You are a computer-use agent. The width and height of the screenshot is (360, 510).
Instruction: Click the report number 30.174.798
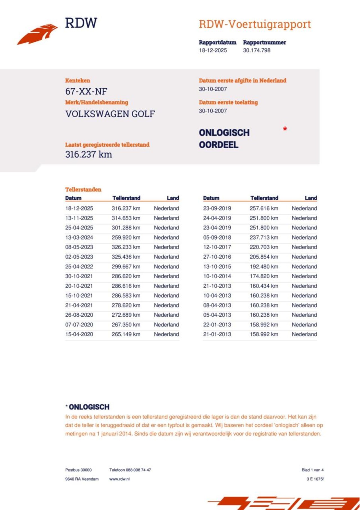tap(256, 50)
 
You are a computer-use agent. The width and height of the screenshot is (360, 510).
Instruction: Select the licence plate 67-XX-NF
tap(86, 91)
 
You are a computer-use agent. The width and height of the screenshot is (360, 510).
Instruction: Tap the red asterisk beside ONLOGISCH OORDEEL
tap(285, 129)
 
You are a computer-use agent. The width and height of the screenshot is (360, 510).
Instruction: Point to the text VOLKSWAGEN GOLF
tap(110, 114)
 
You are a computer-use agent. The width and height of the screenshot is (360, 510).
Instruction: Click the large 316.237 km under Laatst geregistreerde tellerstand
tap(88, 155)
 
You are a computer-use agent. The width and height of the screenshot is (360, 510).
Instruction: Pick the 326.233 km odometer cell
tap(126, 247)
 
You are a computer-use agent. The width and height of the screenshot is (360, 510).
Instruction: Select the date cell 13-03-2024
tap(79, 238)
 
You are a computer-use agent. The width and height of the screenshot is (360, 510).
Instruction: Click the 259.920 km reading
tap(126, 238)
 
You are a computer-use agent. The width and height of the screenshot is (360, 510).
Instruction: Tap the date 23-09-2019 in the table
tap(217, 209)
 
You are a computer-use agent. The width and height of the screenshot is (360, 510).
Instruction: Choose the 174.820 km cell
tap(264, 276)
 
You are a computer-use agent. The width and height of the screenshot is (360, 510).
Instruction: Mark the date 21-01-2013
tap(217, 334)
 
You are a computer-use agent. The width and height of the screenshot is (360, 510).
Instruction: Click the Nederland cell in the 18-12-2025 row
tap(166, 209)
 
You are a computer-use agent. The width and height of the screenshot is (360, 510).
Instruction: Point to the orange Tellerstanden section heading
tap(83, 189)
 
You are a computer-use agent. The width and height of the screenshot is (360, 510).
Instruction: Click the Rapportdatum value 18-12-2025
tap(213, 50)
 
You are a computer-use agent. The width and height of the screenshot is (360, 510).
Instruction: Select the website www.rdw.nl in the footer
tap(119, 479)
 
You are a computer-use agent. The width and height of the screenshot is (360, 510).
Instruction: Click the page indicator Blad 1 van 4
tap(312, 470)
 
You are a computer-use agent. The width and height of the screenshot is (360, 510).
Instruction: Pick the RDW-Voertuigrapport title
tap(255, 24)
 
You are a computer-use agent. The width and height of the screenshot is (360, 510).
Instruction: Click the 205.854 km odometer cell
tap(264, 257)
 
